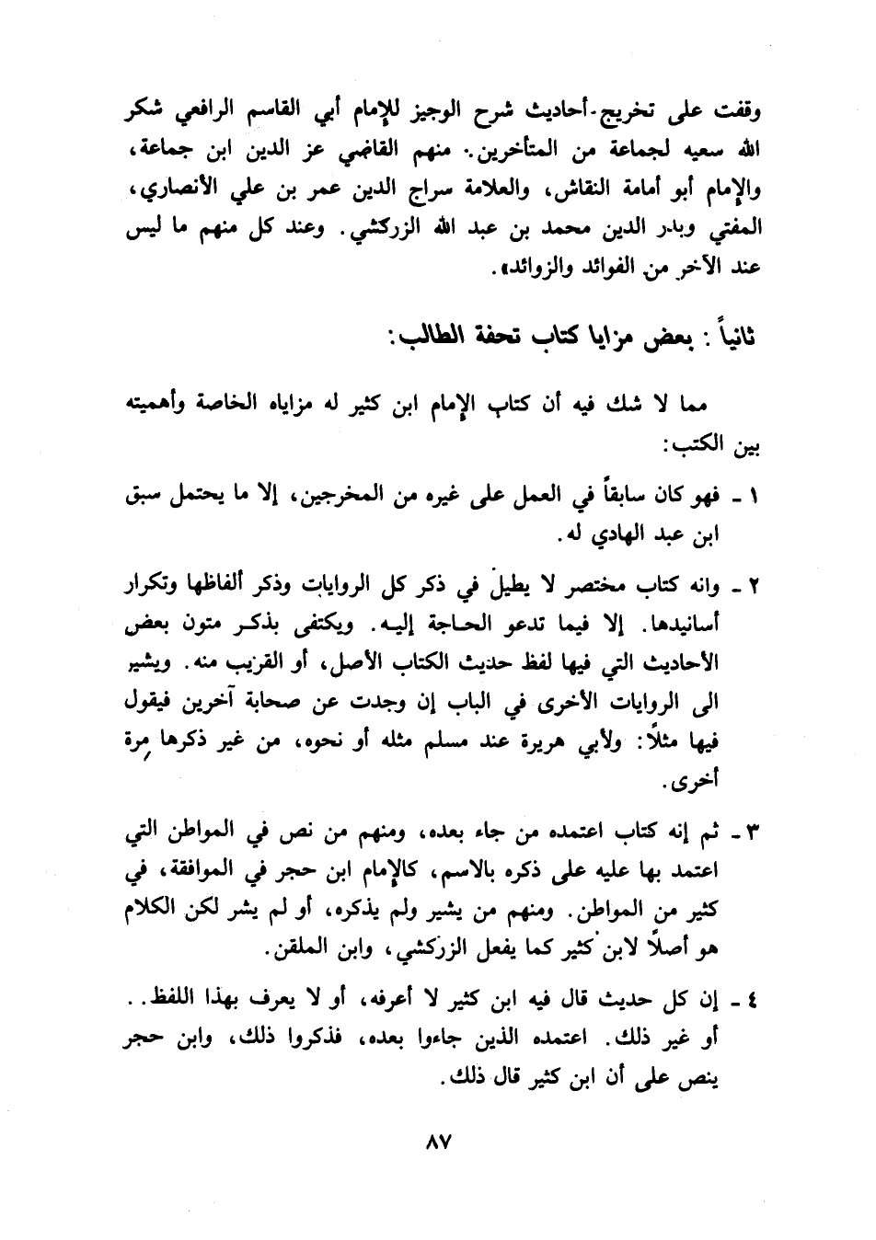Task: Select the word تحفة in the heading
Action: click(x=491, y=337)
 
